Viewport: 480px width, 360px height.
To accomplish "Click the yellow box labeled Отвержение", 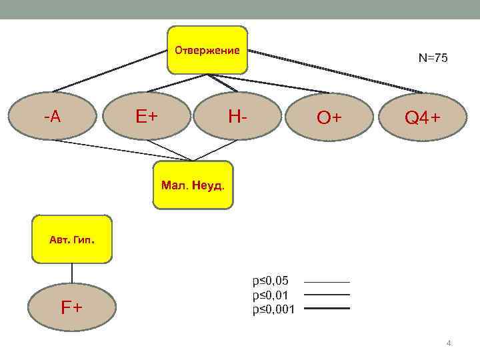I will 207,50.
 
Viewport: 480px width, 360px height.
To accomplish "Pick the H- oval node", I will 237,117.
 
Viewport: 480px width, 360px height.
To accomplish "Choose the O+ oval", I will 329,117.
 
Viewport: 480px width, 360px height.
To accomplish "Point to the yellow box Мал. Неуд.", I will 193,184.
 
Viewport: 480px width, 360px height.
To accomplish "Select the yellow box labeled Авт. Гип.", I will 72,238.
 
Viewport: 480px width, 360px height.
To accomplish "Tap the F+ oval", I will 72,307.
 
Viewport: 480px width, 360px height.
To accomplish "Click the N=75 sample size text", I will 433,58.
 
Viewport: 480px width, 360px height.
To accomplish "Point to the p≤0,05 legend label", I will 270,280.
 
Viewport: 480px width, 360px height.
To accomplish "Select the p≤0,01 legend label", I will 270,294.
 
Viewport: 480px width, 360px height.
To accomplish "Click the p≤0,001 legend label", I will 273,309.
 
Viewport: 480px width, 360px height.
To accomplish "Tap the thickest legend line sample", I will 327,309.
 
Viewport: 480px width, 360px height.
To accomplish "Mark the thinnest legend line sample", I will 327,281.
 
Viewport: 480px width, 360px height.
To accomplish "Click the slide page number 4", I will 449,343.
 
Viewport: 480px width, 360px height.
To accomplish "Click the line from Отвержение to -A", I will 110,71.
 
